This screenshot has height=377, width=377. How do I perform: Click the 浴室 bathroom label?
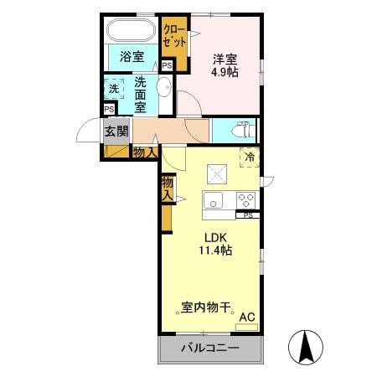click(x=131, y=57)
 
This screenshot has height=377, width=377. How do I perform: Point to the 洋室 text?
click(x=225, y=59)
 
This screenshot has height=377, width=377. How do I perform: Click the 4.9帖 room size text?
click(x=225, y=73)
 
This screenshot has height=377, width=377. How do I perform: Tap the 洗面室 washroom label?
click(x=140, y=94)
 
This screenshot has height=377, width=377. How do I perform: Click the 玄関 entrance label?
click(x=116, y=131)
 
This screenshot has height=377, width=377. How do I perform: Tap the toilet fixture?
click(x=240, y=130)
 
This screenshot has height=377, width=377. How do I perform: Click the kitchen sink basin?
click(x=214, y=200)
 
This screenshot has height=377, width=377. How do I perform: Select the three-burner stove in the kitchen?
click(x=246, y=200)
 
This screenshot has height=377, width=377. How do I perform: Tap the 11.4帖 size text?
click(x=215, y=250)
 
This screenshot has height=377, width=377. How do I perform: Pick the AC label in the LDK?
click(x=247, y=317)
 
